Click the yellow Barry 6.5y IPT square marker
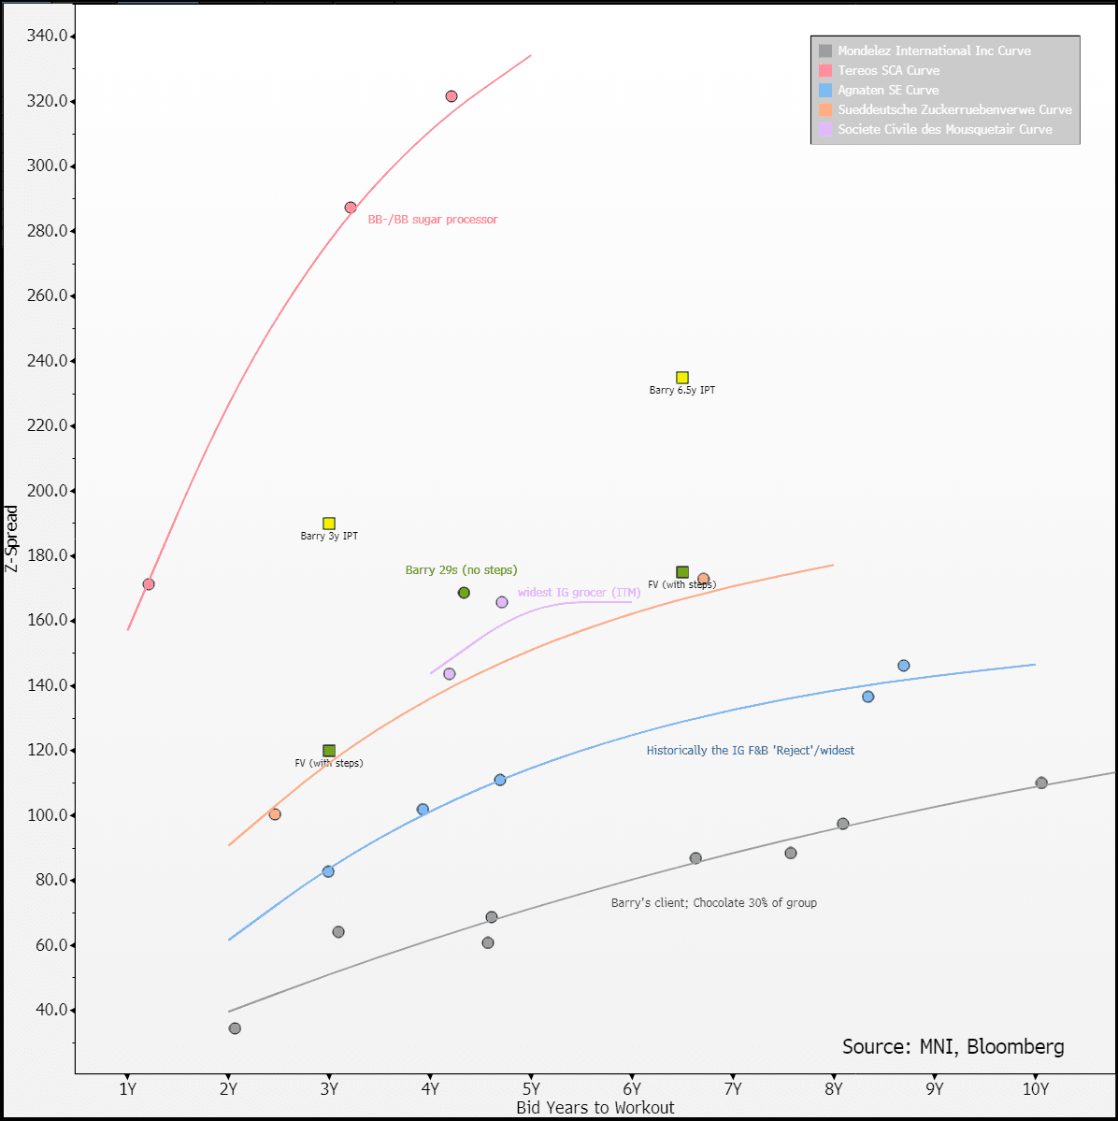[x=682, y=378]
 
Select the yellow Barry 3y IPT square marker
[x=329, y=524]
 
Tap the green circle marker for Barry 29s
[x=464, y=593]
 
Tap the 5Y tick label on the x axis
[x=531, y=1088]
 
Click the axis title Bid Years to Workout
[x=595, y=1108]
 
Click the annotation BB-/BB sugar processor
[x=433, y=220]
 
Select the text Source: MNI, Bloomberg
[x=953, y=1047]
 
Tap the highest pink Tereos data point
[x=451, y=96]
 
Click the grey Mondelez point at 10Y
[x=1041, y=783]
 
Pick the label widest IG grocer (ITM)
[x=579, y=593]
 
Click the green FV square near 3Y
[x=329, y=751]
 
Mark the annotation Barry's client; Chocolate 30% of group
[x=714, y=903]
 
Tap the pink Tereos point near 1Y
[x=149, y=584]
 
